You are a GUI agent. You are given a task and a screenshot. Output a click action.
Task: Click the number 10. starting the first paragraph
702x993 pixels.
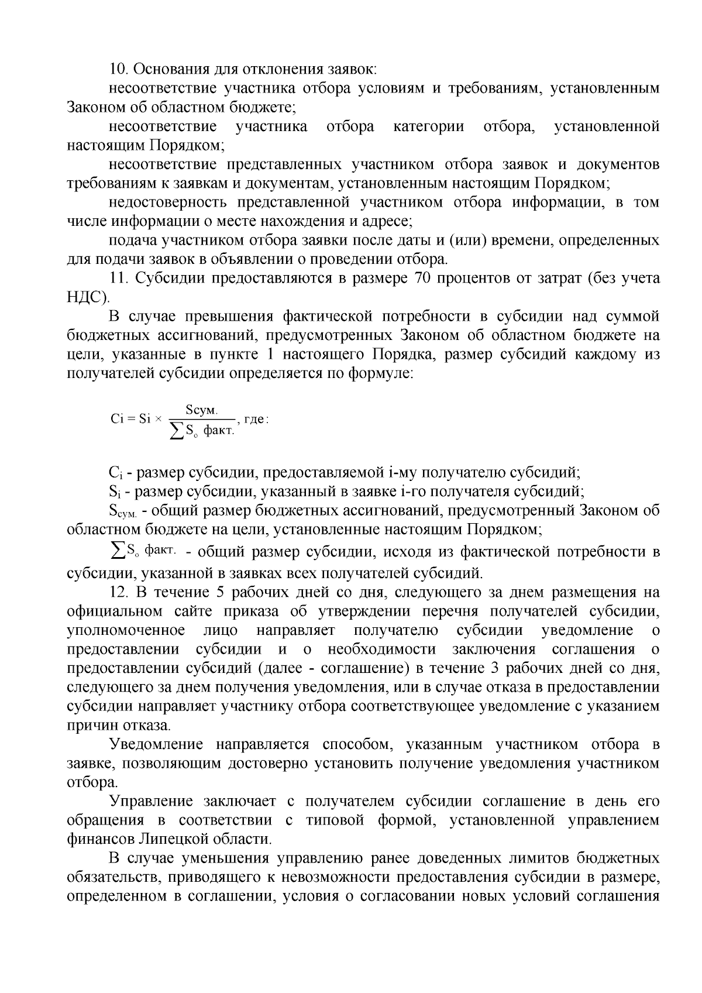coord(119,69)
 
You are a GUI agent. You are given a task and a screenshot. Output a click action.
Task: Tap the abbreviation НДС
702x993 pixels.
coord(85,297)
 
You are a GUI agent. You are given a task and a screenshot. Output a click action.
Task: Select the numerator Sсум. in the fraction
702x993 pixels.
coord(201,410)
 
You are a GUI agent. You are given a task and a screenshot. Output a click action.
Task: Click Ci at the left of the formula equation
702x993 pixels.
coord(117,420)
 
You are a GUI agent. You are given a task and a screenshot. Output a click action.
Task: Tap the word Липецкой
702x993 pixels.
coord(174,839)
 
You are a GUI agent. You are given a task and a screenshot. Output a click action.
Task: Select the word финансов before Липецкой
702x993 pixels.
coord(102,839)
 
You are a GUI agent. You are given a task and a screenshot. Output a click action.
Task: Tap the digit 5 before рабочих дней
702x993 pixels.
coord(221,592)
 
